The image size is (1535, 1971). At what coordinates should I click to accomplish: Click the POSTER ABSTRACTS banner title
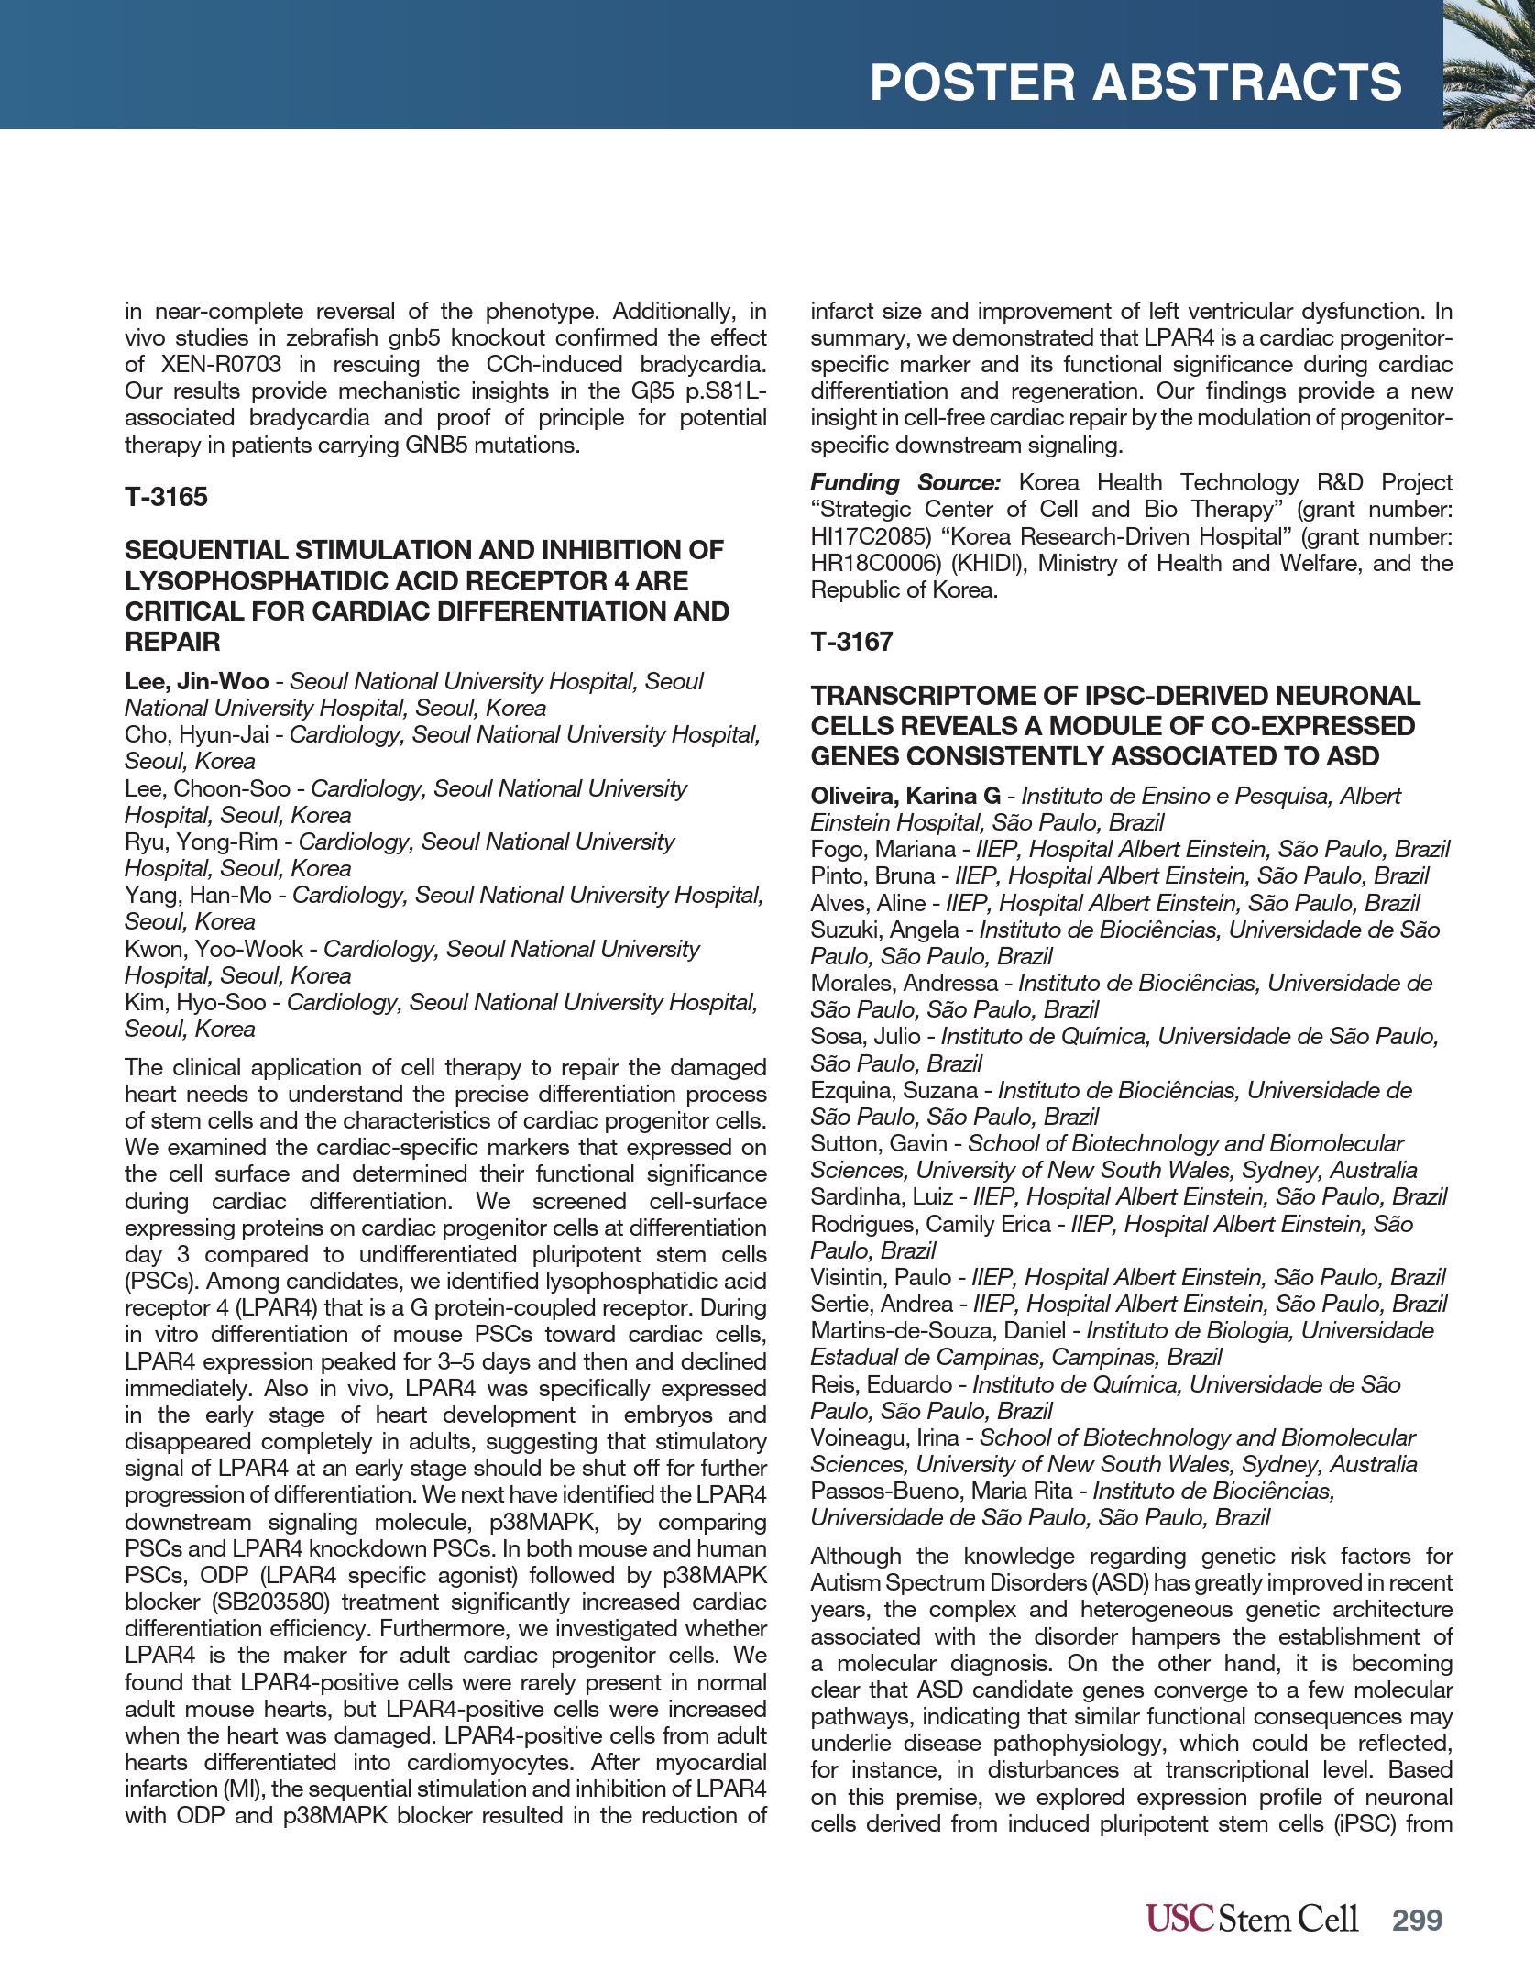point(1135,83)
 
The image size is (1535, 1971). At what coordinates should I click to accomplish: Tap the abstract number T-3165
point(166,497)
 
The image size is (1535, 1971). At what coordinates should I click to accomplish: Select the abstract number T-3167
point(850,642)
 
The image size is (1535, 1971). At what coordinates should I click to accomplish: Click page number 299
point(1417,1920)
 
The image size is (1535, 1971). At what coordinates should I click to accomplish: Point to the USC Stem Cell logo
point(1251,1919)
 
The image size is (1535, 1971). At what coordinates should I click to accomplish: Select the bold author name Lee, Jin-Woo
point(196,681)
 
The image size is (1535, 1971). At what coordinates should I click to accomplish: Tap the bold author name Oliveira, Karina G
point(905,796)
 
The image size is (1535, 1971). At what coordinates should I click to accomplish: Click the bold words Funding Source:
point(905,482)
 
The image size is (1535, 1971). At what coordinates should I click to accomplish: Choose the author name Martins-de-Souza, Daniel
point(937,1330)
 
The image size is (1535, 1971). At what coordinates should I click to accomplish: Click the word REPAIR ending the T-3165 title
point(172,642)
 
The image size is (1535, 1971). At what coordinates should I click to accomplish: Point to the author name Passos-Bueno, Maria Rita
point(943,1491)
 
